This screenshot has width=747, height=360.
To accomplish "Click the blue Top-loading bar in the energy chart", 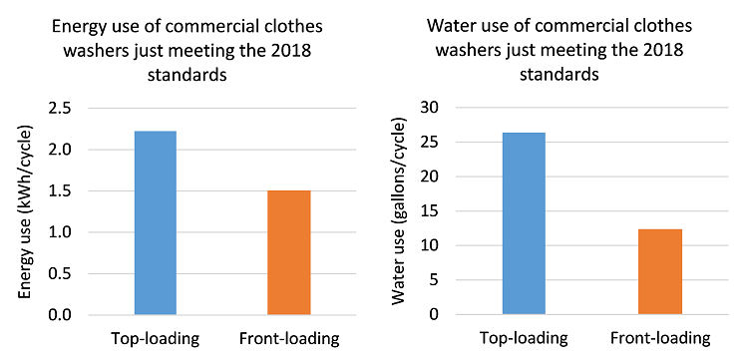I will coord(155,222).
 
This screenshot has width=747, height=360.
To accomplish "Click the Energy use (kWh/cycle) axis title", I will coord(26,210).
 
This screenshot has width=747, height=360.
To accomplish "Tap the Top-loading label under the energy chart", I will coord(155,338).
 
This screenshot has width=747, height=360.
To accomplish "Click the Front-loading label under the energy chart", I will coord(289,338).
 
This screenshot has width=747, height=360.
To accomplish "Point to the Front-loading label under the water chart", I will coord(660,338).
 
